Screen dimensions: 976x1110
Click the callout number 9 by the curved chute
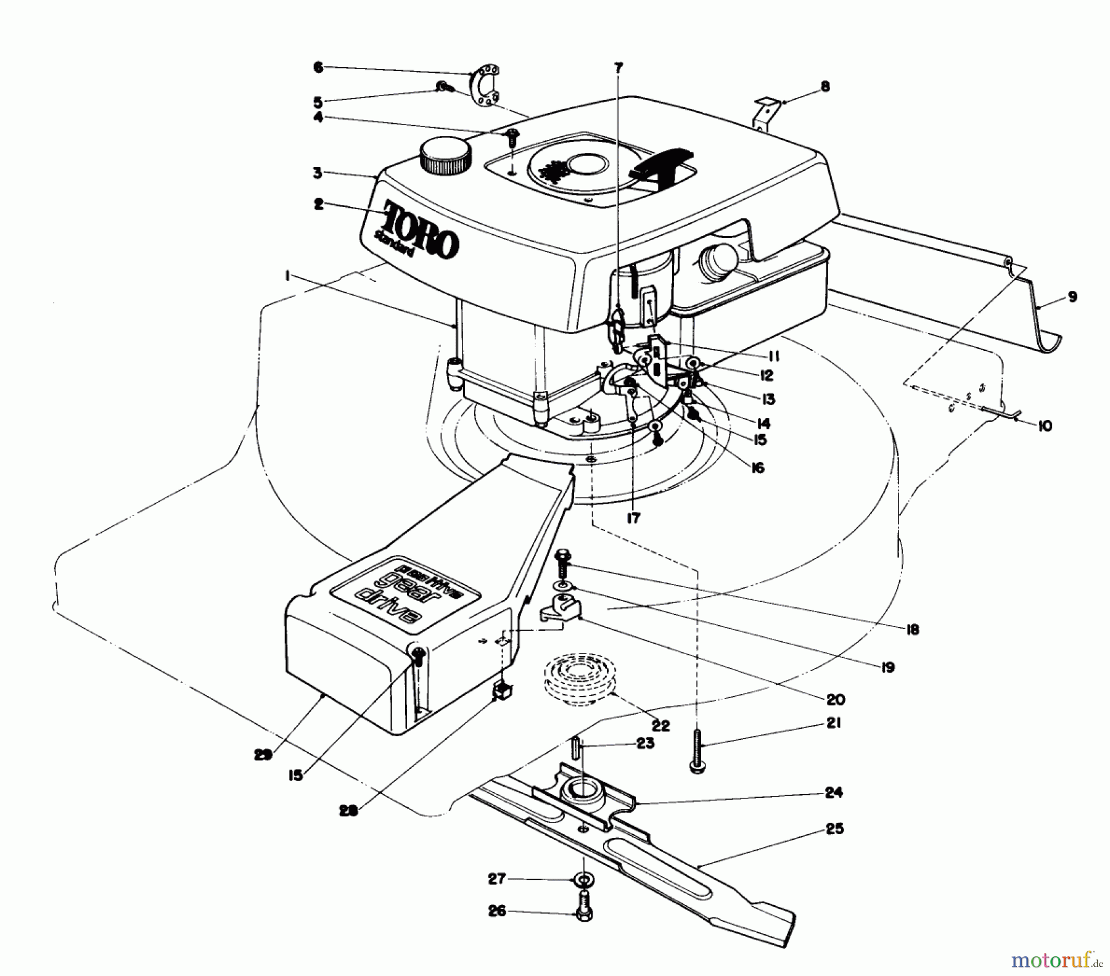[1072, 297]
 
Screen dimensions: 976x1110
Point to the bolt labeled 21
[697, 750]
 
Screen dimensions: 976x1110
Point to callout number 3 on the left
[318, 173]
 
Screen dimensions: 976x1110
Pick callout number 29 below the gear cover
[263, 755]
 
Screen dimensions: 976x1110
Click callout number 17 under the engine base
[633, 519]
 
